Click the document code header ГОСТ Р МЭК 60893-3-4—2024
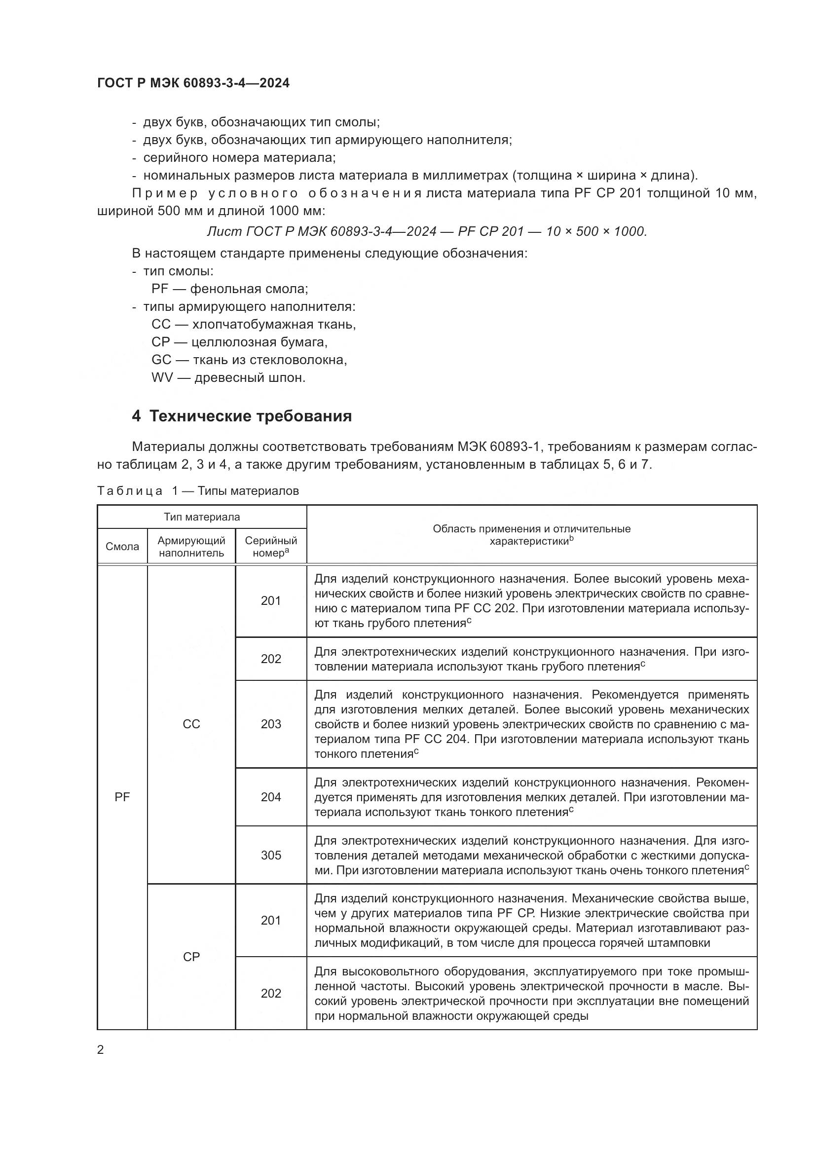193,83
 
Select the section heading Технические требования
242,416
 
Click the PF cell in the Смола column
122,797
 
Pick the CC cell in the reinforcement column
191,724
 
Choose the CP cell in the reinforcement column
191,957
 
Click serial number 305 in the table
271,855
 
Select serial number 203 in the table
271,724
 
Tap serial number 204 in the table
271,797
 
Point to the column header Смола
122,547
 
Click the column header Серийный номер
271,547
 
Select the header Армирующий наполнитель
191,547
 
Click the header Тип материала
201,517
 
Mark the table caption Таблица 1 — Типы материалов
198,490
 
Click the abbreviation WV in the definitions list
162,377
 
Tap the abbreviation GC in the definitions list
161,360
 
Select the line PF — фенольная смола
229,289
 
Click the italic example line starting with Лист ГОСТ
427,231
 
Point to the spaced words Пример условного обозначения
276,193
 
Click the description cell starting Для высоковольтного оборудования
531,993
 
